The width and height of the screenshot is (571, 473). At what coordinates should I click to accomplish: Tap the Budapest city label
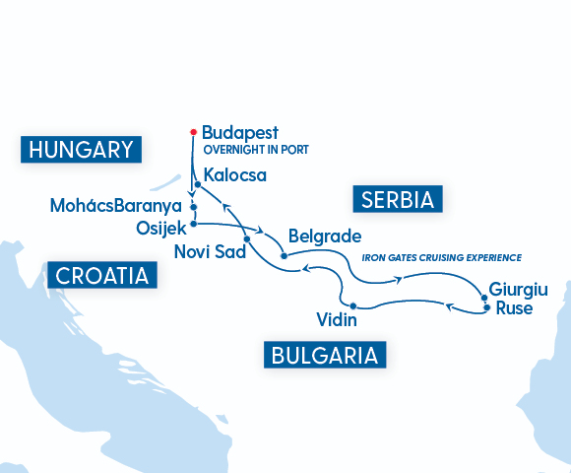point(240,132)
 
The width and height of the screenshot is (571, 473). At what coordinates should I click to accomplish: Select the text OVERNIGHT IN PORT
point(256,150)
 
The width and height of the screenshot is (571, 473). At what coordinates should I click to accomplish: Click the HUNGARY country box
point(81,150)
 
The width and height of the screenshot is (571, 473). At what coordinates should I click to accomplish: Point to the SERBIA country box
point(398,200)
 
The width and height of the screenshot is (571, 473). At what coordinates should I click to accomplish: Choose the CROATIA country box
point(103,275)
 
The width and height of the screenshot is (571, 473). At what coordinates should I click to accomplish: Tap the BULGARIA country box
point(324,355)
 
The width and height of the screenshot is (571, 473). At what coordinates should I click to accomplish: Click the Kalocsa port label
point(235,176)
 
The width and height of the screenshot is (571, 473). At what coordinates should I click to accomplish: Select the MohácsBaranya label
point(116,207)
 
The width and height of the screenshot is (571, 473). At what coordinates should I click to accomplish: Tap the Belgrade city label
point(325,237)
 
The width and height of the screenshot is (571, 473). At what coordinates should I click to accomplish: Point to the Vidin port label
point(337,320)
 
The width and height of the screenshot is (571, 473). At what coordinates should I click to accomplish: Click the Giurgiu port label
point(518,290)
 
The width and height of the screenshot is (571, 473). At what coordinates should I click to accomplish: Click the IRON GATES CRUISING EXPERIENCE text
point(441,257)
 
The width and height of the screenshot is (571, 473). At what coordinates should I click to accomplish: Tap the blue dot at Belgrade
point(284,256)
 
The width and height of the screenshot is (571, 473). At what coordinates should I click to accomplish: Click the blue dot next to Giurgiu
point(483,297)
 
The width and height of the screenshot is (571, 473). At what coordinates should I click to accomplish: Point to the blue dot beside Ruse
point(486,308)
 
